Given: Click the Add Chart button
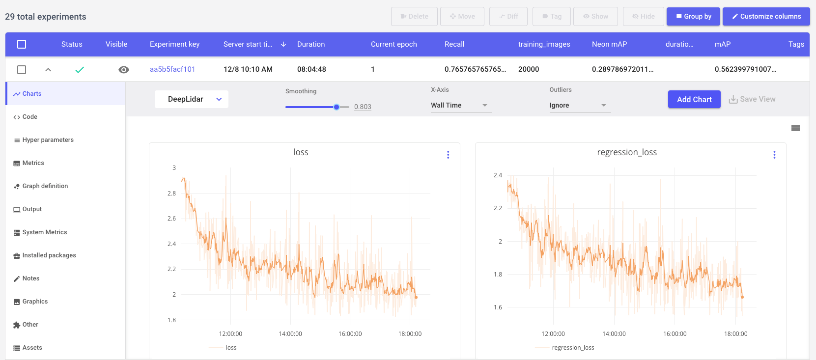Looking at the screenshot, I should (x=694, y=99).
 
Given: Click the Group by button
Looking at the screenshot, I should (x=693, y=16).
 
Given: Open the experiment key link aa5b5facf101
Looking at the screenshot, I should (x=172, y=69).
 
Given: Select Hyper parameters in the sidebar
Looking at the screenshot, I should (x=48, y=140).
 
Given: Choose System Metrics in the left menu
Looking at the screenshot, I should (x=44, y=232).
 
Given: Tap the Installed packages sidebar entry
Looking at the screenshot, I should (x=49, y=255).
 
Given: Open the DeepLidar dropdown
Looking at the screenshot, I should (x=192, y=99).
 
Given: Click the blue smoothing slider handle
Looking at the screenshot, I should (x=337, y=107).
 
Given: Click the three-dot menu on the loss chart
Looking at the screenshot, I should (x=448, y=155).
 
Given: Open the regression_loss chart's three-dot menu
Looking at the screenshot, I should (x=774, y=155).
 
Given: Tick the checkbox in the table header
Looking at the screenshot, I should (x=22, y=44).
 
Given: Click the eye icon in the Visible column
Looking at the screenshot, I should (x=124, y=70).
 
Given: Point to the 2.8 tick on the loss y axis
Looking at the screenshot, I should (x=171, y=194).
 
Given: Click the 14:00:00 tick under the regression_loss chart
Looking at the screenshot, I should (x=614, y=334).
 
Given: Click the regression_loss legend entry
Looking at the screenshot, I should (x=573, y=348).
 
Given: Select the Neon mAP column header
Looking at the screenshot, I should (x=609, y=44).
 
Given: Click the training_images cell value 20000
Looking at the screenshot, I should (x=529, y=69).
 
